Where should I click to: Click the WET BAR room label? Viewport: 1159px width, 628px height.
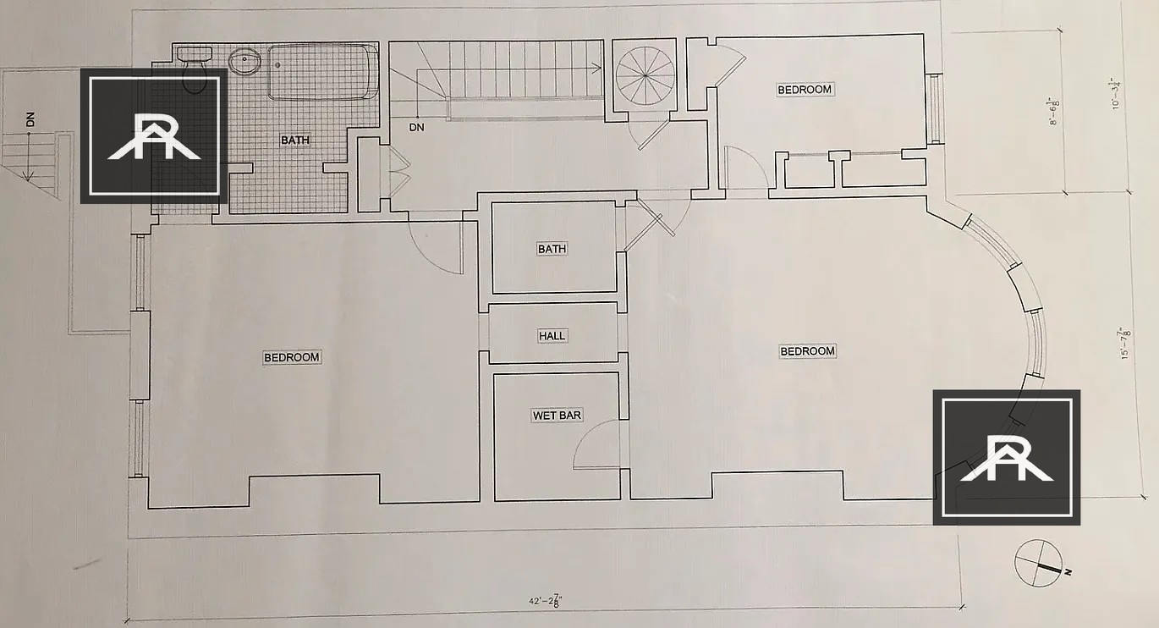(557, 416)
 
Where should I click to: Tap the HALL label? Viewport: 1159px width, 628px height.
(552, 336)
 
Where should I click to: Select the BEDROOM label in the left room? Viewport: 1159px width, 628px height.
(291, 357)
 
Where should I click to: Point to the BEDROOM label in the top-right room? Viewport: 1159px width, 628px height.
(805, 90)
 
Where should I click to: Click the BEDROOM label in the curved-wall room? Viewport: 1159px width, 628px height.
(807, 351)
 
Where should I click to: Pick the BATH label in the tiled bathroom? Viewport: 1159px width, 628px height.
(295, 140)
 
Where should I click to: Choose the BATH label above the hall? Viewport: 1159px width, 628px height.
(552, 249)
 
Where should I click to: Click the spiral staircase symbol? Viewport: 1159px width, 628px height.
(645, 75)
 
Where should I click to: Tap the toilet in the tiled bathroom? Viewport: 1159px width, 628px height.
(195, 70)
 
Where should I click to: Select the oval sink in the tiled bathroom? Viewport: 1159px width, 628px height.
(244, 62)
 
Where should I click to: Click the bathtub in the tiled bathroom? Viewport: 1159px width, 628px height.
(323, 72)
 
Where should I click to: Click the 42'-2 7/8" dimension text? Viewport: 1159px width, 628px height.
(546, 601)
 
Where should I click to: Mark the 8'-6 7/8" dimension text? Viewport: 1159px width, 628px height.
(1053, 112)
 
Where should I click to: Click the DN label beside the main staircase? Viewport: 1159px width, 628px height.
(416, 127)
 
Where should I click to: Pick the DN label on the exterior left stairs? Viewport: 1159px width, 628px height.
(31, 119)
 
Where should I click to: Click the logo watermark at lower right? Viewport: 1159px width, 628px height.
(1007, 458)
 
